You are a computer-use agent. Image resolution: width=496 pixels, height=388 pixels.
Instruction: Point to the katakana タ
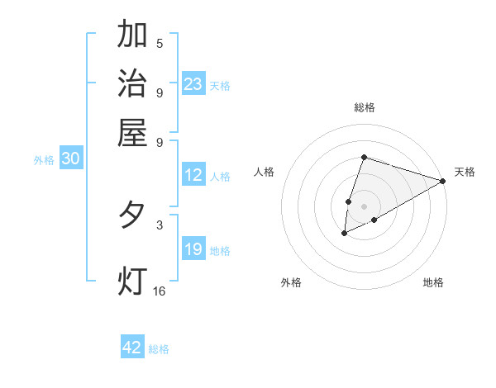tap(133, 215)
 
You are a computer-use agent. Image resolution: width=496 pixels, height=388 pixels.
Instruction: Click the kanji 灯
tap(133, 281)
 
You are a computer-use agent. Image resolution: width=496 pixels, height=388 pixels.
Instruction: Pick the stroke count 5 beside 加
tap(160, 43)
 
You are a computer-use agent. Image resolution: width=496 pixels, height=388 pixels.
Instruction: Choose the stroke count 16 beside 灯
tap(160, 291)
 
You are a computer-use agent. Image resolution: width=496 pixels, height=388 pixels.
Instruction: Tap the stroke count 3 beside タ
tap(160, 224)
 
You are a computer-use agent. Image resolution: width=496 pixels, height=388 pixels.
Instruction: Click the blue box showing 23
tap(193, 83)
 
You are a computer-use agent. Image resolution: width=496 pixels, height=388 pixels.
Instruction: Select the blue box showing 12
tap(193, 175)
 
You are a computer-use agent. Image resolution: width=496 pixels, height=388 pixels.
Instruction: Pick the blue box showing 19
tap(193, 249)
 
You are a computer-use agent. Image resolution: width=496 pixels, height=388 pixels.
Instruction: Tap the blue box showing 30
tap(70, 159)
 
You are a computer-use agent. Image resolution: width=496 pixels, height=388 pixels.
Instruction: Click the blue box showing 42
tap(132, 348)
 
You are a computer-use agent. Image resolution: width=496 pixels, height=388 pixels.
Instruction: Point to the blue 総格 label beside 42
tap(159, 349)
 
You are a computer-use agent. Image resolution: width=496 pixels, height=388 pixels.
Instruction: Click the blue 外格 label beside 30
tap(44, 161)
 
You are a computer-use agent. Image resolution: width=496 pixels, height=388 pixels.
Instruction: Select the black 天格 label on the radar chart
tap(465, 172)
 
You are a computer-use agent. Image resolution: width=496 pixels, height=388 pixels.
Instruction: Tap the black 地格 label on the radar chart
tap(433, 282)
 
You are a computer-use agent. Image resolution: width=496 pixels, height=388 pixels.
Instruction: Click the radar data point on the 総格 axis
tap(364, 157)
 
